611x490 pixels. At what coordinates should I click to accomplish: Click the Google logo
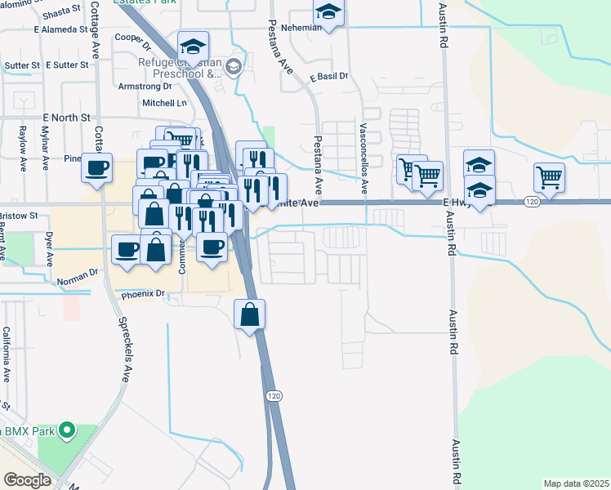27,480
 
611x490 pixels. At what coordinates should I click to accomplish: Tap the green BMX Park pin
68,429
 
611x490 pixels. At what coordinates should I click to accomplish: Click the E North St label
62,118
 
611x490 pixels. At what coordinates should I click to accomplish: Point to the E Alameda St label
60,29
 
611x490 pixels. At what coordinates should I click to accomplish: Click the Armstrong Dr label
145,86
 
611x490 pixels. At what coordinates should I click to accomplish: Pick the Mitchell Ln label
165,103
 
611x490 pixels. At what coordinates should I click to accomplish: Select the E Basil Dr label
328,77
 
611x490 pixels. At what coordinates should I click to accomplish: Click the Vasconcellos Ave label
363,152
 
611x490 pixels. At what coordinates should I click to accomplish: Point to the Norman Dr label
78,280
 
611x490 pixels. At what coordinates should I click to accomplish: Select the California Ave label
7,354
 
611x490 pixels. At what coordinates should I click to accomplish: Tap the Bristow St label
19,216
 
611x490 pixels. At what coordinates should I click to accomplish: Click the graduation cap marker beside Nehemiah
328,11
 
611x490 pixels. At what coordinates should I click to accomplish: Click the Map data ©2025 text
576,483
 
